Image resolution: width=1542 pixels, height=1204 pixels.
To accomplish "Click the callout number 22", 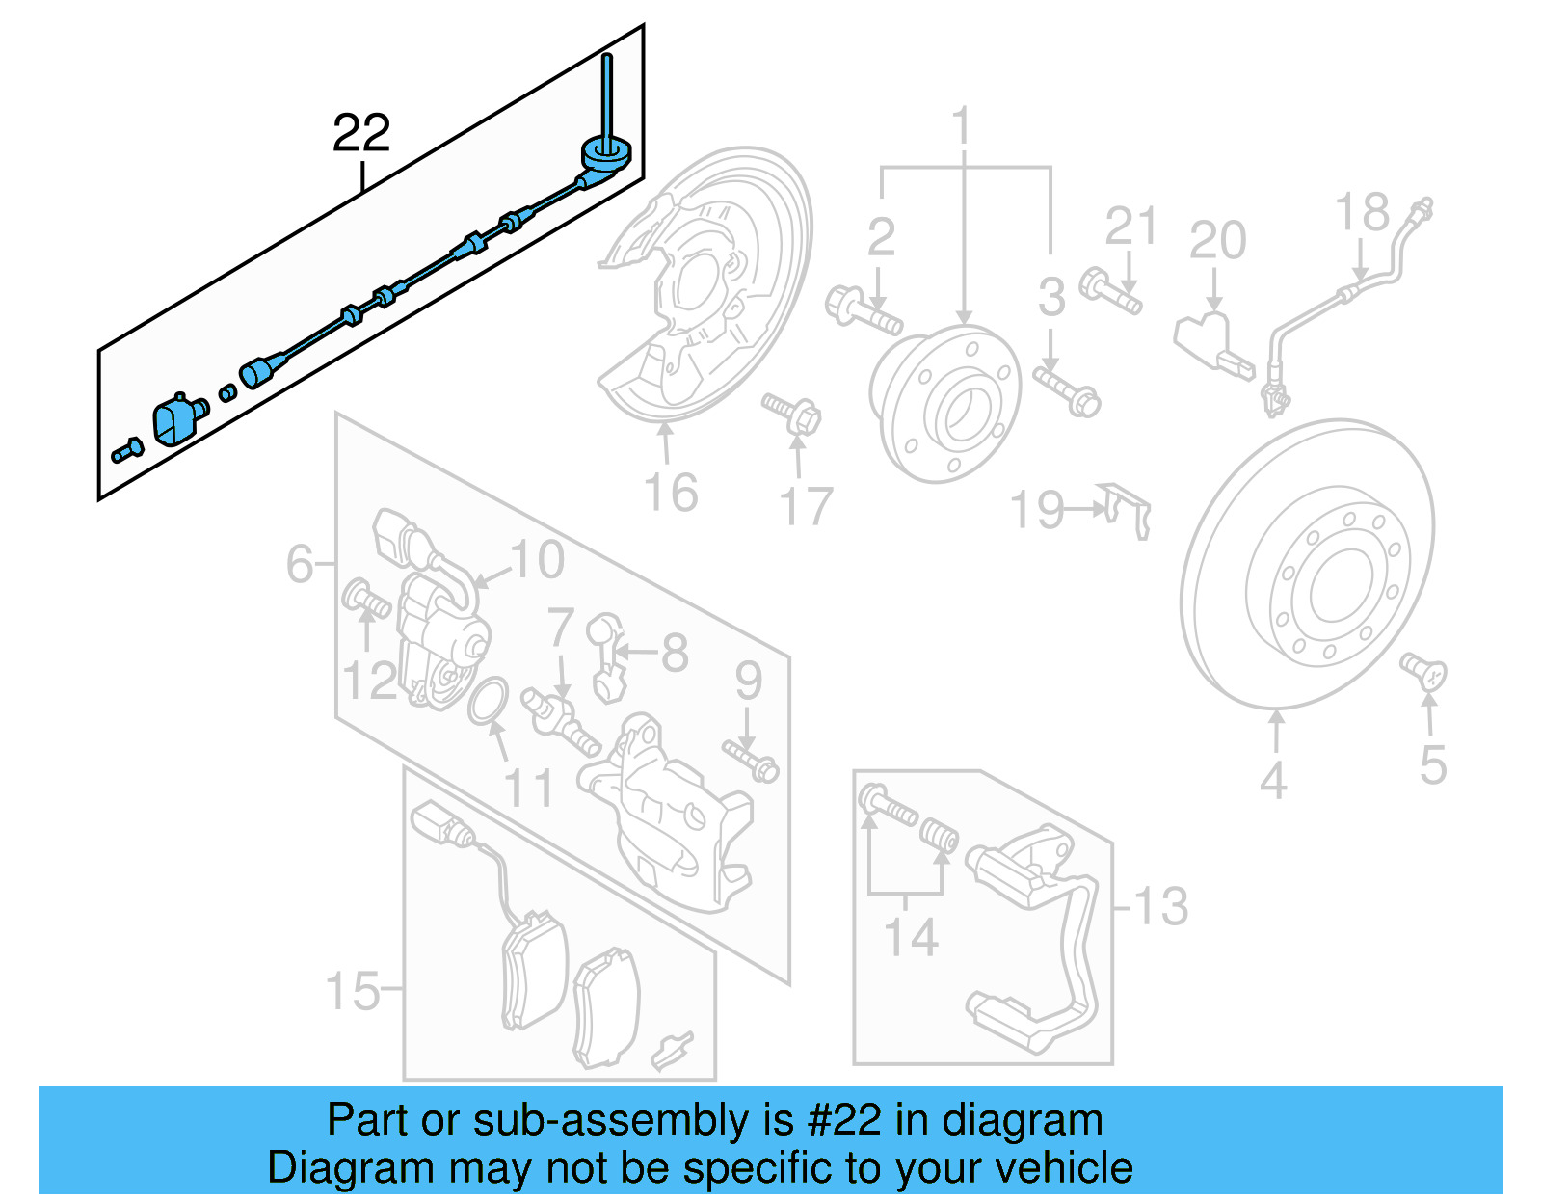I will click(361, 133).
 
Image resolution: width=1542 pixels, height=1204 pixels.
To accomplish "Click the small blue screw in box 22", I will click(126, 450).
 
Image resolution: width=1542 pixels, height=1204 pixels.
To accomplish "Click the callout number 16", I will click(671, 493).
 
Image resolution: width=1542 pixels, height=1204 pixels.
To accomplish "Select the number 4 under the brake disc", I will click(1273, 780).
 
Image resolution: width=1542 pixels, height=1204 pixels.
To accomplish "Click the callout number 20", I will click(1217, 240).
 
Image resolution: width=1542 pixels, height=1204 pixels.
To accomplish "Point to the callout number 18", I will click(1362, 213).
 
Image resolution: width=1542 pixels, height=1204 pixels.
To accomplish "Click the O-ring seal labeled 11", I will click(489, 701).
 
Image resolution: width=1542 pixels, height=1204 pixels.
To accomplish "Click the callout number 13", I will click(1160, 906).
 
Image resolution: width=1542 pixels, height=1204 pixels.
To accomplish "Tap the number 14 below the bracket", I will click(911, 937).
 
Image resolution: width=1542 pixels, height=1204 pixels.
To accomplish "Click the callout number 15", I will click(353, 990).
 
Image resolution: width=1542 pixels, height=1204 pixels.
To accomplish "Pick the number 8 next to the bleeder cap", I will click(674, 653).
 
